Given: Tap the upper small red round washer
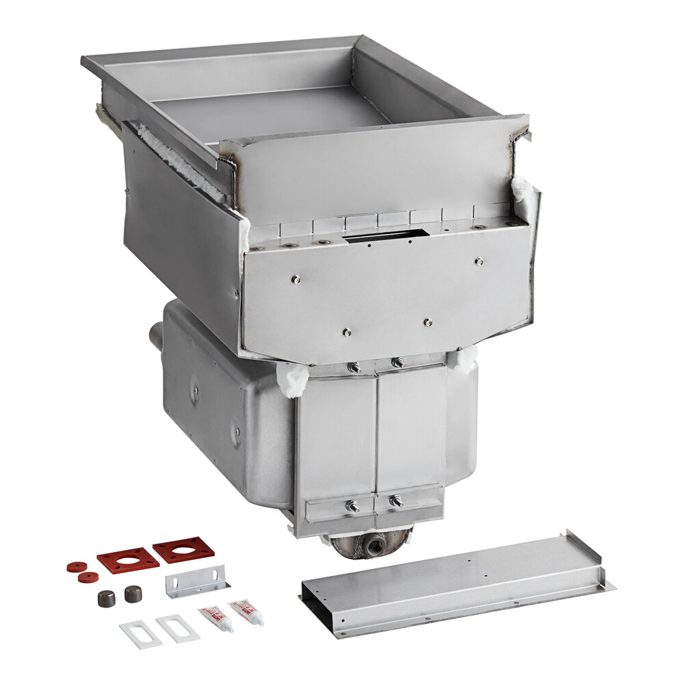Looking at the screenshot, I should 77,566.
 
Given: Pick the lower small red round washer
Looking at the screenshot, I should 88,577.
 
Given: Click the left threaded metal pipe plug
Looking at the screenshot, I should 105,598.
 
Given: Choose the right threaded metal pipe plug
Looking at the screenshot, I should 133,594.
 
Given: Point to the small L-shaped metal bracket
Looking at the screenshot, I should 196,586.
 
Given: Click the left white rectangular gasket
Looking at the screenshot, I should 140,633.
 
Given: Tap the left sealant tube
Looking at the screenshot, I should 215,618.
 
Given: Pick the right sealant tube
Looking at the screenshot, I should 246,611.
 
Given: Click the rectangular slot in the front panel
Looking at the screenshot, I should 386,237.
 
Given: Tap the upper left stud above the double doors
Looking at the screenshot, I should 354,368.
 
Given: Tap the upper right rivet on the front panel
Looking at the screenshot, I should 479,261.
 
